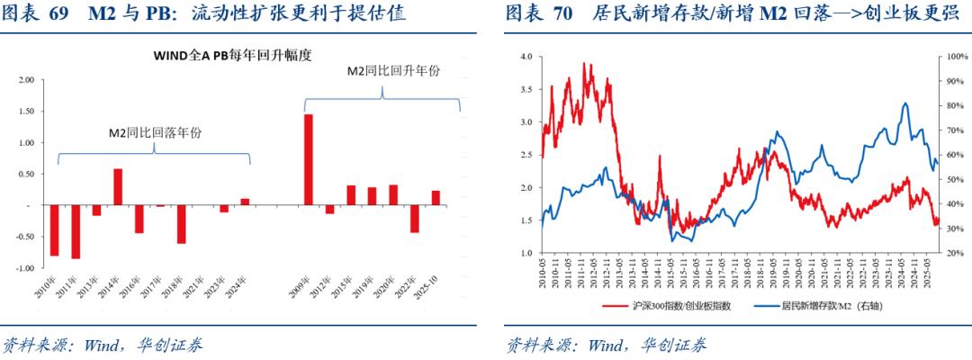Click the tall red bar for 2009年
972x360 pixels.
coord(308,160)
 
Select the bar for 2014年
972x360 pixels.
coord(118,187)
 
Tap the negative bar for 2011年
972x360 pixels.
coord(76,232)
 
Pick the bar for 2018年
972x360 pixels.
coord(181,224)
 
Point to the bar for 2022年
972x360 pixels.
coord(414,219)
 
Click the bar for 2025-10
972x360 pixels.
coord(436,198)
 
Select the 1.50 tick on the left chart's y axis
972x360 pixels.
coord(26,111)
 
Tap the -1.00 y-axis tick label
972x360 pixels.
coord(24,268)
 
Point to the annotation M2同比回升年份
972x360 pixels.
coord(382,71)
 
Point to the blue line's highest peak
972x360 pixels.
coord(904,103)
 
